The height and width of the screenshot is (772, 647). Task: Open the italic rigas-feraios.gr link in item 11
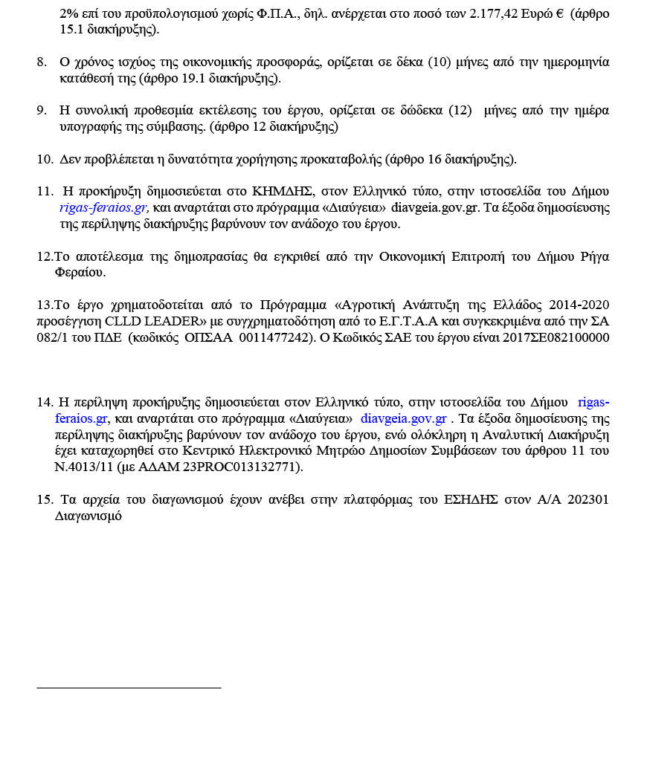(104, 207)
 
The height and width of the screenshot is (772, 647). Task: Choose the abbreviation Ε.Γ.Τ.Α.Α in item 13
(416, 321)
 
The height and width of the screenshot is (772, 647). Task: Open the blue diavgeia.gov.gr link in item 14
(403, 418)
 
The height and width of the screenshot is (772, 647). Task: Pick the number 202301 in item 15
(588, 499)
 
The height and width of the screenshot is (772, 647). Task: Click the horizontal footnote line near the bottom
(129, 688)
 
